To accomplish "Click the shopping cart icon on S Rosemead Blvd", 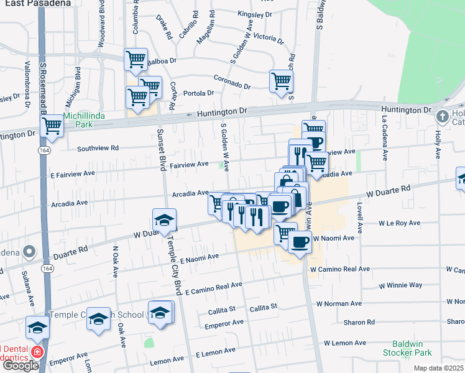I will (x=52, y=126).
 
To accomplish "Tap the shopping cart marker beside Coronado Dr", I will (x=281, y=80).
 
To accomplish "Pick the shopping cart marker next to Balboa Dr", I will (x=136, y=60).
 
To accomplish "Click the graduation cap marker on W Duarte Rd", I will (x=164, y=220).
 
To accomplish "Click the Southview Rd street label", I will (x=98, y=149).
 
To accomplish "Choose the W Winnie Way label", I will (x=400, y=285).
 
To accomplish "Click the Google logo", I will (x=21, y=366).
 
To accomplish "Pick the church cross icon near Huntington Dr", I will (x=442, y=116).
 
